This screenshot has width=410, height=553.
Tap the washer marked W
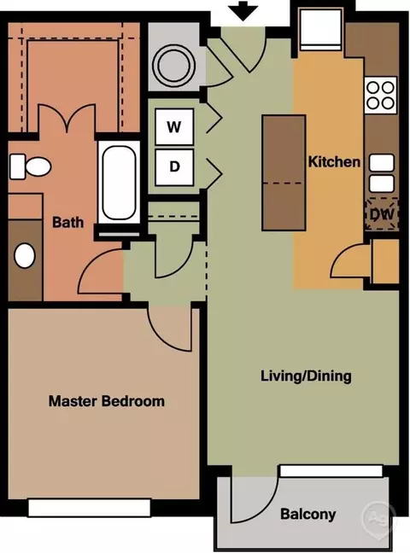click(174, 126)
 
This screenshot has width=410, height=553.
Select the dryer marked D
click(174, 167)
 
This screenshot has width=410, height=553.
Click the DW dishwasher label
click(382, 213)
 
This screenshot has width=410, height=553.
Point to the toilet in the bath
click(30, 166)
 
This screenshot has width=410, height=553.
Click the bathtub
click(119, 183)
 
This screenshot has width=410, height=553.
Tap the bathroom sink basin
click(25, 255)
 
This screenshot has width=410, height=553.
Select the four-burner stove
click(380, 95)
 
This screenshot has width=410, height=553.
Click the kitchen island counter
click(284, 172)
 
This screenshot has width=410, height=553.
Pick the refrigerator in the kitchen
click(320, 31)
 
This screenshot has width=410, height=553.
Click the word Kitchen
click(334, 162)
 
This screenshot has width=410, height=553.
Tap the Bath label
click(67, 222)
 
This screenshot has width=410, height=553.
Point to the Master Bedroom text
click(106, 401)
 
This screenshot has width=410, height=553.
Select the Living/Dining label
click(306, 376)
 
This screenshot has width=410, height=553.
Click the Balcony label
click(308, 515)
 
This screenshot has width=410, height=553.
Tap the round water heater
click(173, 66)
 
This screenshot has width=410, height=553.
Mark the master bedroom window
click(90, 508)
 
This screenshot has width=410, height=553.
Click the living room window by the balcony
click(331, 471)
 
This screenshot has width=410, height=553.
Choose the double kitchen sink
click(382, 173)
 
